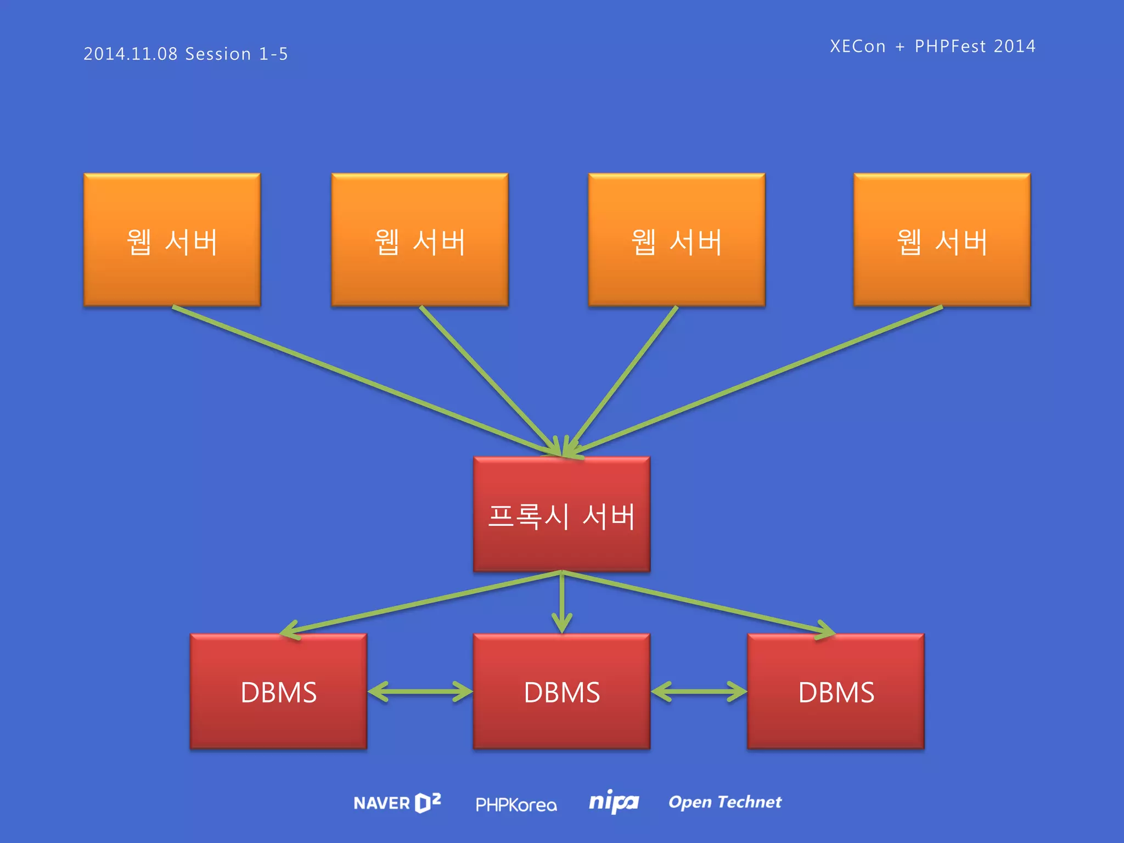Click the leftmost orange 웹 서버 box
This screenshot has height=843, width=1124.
tap(172, 240)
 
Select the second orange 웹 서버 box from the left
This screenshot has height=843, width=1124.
tap(420, 240)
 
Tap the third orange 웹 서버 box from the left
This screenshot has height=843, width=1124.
tap(677, 240)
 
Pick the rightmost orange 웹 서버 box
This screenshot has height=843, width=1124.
tap(942, 240)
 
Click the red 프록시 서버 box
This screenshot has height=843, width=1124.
tap(561, 515)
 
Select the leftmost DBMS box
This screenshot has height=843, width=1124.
tap(278, 692)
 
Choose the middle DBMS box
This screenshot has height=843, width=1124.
tap(561, 692)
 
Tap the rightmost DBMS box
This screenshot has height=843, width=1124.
tap(836, 692)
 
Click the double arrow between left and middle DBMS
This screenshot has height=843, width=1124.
tap(420, 692)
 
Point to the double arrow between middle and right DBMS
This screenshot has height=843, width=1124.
tap(699, 692)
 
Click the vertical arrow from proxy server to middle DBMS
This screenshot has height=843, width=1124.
tap(562, 604)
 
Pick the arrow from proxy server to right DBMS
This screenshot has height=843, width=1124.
tap(697, 603)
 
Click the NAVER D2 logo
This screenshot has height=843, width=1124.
tap(397, 803)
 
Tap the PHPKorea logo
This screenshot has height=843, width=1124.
tap(516, 805)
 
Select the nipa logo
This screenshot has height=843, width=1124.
tap(614, 802)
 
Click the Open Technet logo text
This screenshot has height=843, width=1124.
tap(724, 802)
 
